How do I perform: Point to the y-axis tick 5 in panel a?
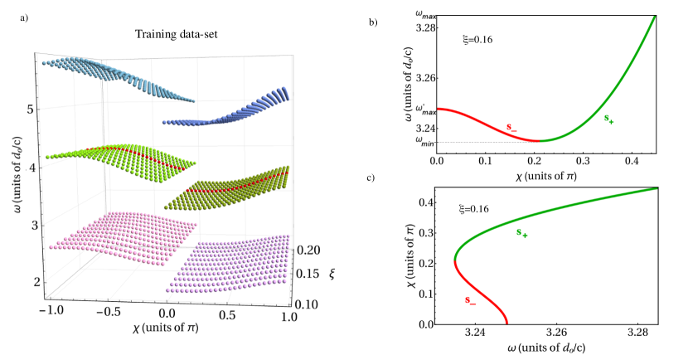28,109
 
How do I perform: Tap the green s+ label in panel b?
609,120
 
